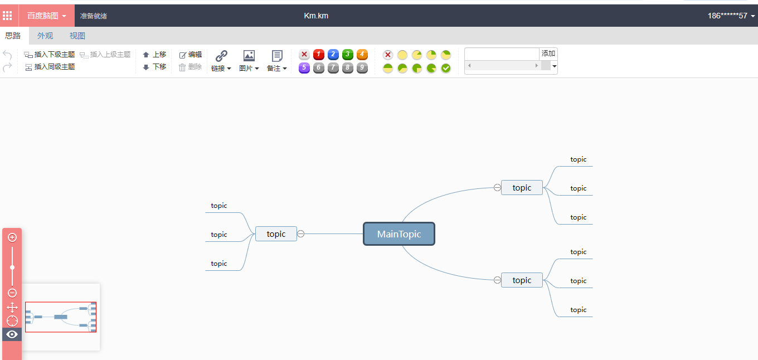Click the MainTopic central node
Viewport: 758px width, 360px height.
pyautogui.click(x=399, y=234)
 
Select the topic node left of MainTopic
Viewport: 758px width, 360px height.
pyautogui.click(x=276, y=234)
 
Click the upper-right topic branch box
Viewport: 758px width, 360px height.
pyautogui.click(x=522, y=188)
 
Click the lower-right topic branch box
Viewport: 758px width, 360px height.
pyautogui.click(x=522, y=280)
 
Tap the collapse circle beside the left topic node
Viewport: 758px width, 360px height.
pyautogui.click(x=301, y=234)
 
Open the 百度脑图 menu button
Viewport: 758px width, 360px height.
pyautogui.click(x=47, y=16)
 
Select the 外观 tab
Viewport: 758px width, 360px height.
pyautogui.click(x=45, y=36)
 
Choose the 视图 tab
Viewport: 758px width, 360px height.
pyautogui.click(x=77, y=36)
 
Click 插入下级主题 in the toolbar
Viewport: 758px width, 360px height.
pyautogui.click(x=50, y=55)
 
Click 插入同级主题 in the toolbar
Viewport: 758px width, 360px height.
pyautogui.click(x=50, y=67)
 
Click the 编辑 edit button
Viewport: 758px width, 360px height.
pyautogui.click(x=191, y=55)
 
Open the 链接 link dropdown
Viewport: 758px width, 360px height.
pyautogui.click(x=221, y=61)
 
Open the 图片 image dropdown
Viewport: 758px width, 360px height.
pyautogui.click(x=249, y=61)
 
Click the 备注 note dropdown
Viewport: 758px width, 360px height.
pyautogui.click(x=277, y=61)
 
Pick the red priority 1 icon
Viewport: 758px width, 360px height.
pyautogui.click(x=319, y=55)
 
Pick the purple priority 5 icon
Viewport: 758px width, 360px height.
pyautogui.click(x=304, y=68)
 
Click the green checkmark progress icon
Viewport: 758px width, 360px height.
pyautogui.click(x=446, y=68)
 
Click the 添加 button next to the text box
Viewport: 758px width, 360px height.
pyautogui.click(x=548, y=53)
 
